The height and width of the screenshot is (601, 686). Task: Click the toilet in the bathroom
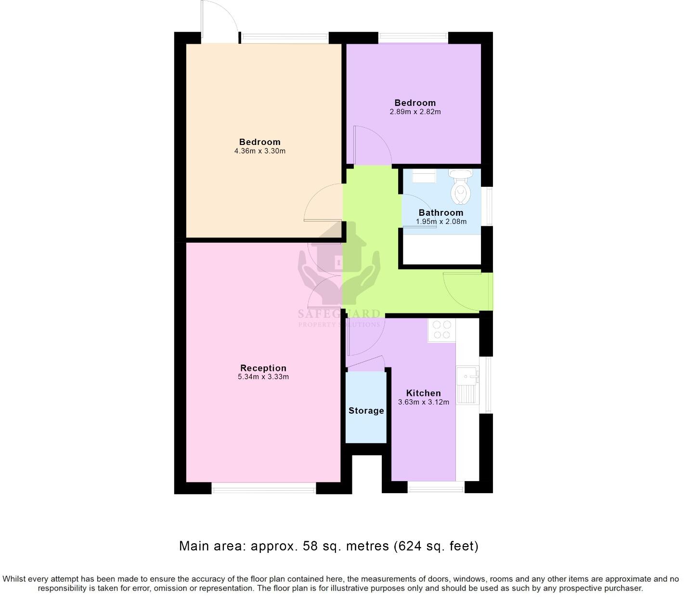click(460, 188)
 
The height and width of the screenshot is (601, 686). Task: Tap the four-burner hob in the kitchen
click(441, 330)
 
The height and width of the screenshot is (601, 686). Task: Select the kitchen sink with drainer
click(467, 385)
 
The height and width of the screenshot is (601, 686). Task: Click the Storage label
click(366, 411)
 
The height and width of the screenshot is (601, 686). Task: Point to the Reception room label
click(263, 368)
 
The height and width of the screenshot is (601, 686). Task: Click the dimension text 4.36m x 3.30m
click(259, 151)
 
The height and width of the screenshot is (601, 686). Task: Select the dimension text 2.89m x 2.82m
click(415, 112)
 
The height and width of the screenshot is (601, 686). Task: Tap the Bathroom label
click(440, 212)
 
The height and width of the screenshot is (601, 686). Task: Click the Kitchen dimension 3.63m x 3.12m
click(423, 402)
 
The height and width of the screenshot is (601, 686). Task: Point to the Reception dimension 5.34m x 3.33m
click(263, 377)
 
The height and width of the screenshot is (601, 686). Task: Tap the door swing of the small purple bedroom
click(372, 144)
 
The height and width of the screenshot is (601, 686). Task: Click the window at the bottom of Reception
click(264, 488)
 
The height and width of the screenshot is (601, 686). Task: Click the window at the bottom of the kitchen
click(436, 487)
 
